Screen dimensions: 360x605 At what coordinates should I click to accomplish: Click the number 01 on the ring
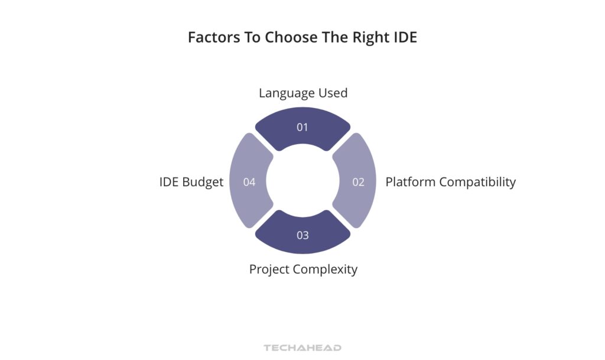tap(302, 127)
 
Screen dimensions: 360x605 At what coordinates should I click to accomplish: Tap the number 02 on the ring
tap(359, 182)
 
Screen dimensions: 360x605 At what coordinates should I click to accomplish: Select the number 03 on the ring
tap(302, 235)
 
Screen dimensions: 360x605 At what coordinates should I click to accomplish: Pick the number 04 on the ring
tap(249, 182)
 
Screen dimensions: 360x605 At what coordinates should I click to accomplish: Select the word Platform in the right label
tap(410, 182)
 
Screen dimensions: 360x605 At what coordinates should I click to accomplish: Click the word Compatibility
tap(477, 182)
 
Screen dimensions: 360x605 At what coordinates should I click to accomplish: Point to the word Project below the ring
tap(269, 270)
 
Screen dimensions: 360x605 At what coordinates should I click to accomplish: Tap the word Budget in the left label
tap(202, 182)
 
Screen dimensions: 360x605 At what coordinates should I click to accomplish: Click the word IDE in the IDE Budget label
tap(168, 182)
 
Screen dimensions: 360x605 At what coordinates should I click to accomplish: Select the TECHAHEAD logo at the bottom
tap(302, 348)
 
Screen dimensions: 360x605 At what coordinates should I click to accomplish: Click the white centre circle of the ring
tap(302, 181)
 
